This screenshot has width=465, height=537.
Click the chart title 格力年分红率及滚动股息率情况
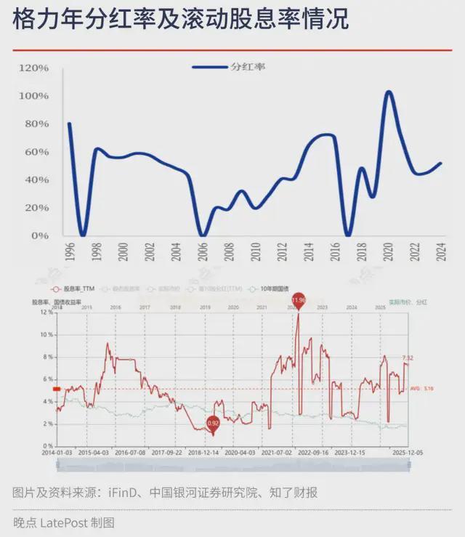180,20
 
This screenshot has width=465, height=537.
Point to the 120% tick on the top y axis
34,68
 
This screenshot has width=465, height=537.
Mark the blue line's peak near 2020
389,92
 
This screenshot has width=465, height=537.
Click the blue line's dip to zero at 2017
348,235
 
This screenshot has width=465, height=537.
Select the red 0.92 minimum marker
213,422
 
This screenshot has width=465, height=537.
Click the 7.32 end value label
408,358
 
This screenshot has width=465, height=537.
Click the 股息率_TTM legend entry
81,288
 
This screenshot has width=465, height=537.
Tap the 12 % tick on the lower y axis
46,312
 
